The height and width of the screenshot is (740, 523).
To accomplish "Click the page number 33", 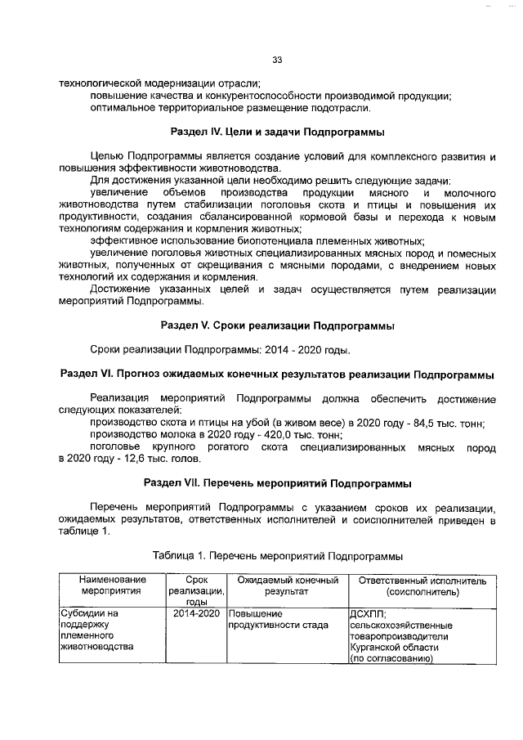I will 277,60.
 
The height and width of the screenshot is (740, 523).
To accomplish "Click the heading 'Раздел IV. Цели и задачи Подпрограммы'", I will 277,132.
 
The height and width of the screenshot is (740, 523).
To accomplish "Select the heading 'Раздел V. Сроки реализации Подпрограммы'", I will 277,326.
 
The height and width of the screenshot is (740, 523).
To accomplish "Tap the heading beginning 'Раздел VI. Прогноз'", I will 277,374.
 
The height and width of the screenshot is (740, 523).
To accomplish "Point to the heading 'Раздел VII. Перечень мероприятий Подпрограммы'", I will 277,482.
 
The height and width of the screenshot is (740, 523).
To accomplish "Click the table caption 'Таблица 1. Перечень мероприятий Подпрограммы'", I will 277,556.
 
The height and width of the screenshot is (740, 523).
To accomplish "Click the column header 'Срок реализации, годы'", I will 196,591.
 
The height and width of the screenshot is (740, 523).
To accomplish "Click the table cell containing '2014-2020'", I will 196,612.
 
